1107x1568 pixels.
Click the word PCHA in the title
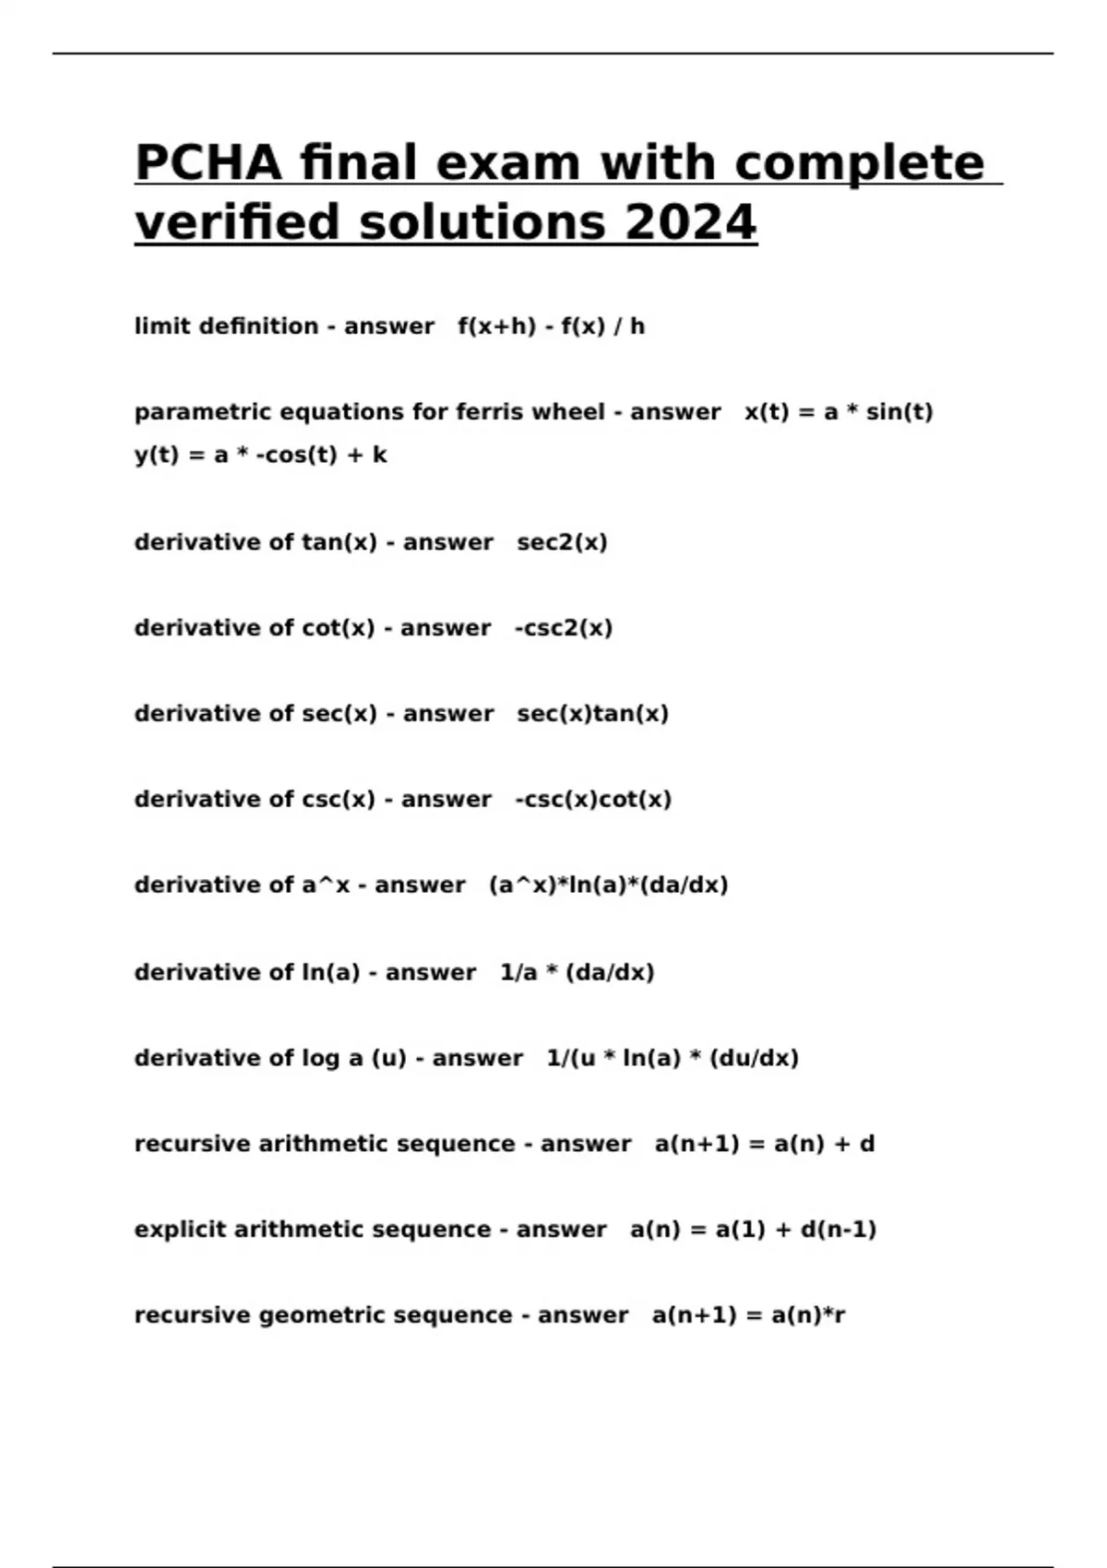208,163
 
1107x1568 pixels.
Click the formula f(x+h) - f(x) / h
551,327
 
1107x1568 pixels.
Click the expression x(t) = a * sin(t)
839,412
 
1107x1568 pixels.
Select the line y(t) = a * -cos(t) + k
260,456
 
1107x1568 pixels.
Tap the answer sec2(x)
562,542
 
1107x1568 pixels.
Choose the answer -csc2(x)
564,628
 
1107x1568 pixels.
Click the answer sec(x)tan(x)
592,714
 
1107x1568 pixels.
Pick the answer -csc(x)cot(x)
593,800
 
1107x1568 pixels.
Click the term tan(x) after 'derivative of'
339,542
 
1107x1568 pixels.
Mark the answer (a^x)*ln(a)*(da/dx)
608,885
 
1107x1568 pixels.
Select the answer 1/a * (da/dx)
577,972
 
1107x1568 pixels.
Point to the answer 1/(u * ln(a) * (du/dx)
673,1058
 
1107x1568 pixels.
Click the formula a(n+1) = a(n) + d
765,1144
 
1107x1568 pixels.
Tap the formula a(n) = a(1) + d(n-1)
753,1229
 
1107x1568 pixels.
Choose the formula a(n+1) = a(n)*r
748,1315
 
